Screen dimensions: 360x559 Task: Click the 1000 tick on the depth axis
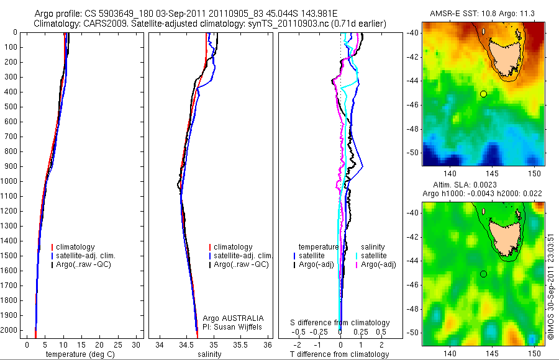point(11,181)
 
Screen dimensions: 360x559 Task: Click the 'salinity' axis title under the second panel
point(209,354)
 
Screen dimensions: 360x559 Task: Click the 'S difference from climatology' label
point(340,323)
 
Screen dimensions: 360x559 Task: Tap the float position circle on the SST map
point(483,94)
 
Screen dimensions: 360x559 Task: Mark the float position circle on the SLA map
point(483,274)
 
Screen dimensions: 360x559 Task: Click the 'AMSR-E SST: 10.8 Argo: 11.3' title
point(483,13)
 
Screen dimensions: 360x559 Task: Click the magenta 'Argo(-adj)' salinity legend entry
point(379,265)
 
